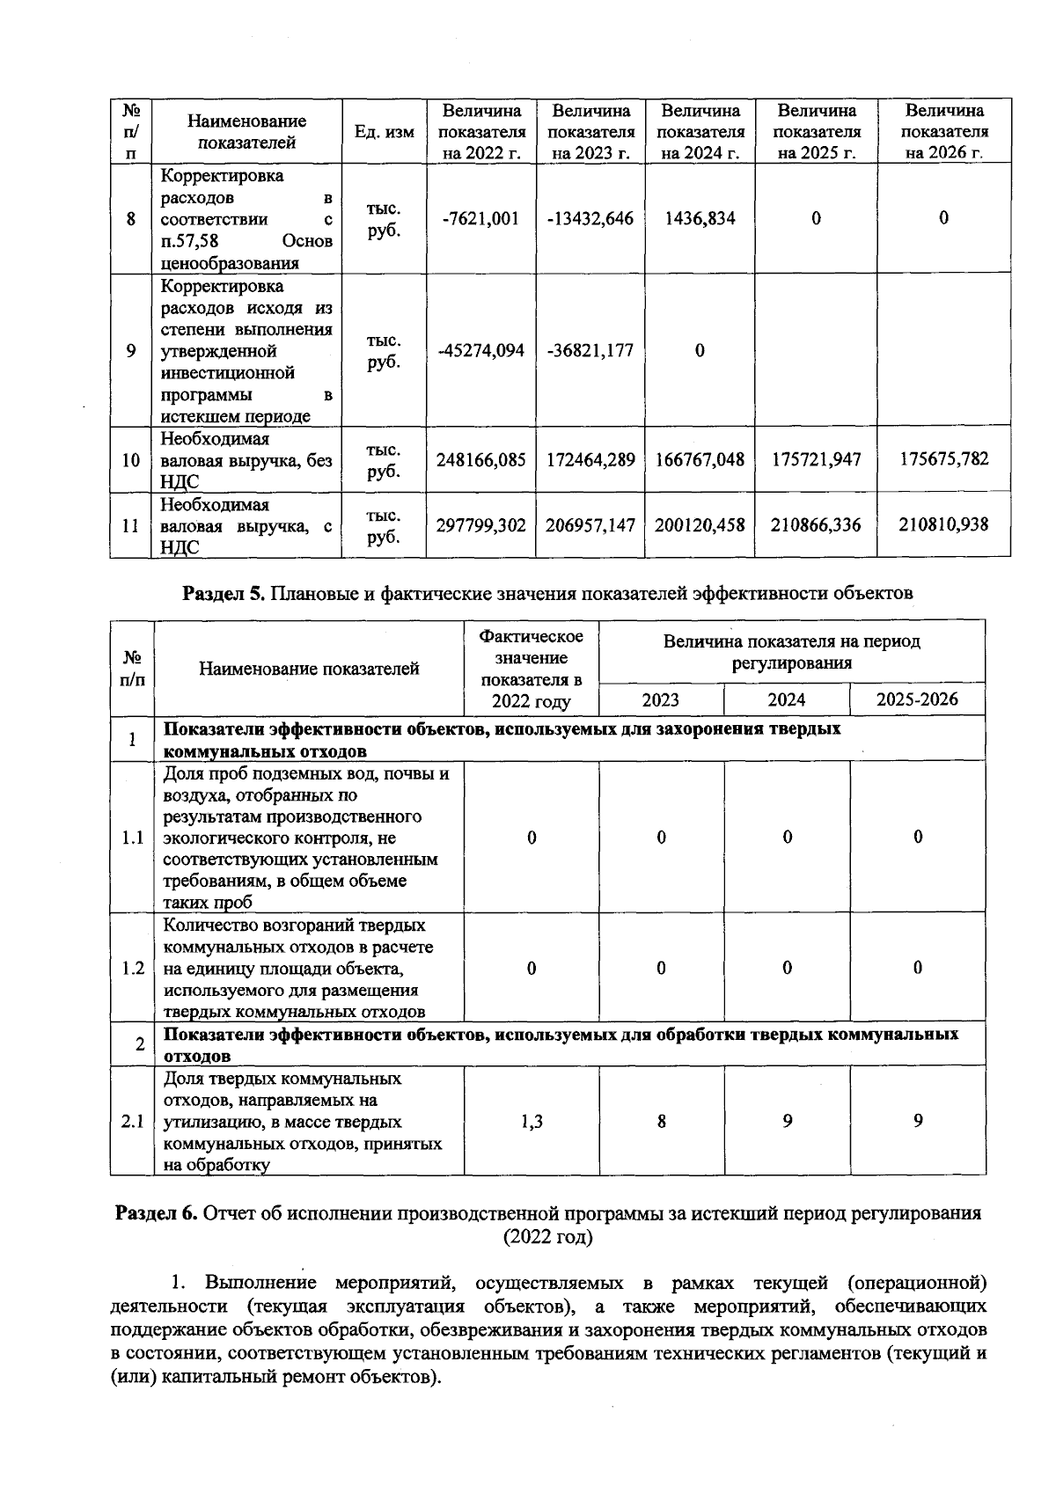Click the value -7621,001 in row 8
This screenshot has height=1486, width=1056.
pyautogui.click(x=480, y=218)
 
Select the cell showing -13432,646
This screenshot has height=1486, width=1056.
pyautogui.click(x=590, y=218)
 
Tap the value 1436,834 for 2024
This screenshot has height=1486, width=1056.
pyautogui.click(x=700, y=218)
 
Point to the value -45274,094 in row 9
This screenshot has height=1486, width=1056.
pyautogui.click(x=480, y=350)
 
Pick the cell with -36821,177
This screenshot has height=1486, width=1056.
pyautogui.click(x=590, y=350)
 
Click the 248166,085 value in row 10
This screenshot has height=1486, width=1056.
pyautogui.click(x=480, y=459)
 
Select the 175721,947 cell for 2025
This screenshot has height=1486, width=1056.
pyautogui.click(x=817, y=459)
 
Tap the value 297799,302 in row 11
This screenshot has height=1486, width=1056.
pyautogui.click(x=480, y=525)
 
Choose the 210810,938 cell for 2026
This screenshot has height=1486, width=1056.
pyautogui.click(x=943, y=525)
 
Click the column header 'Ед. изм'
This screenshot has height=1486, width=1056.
pyautogui.click(x=384, y=132)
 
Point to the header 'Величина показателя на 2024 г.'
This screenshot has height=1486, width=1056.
pyautogui.click(x=700, y=132)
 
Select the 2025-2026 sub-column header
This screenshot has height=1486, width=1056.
pyautogui.click(x=917, y=700)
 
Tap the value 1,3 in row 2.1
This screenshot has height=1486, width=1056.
pyautogui.click(x=532, y=1121)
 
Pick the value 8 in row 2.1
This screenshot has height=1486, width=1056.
pyautogui.click(x=661, y=1121)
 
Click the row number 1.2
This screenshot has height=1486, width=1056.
pyautogui.click(x=133, y=968)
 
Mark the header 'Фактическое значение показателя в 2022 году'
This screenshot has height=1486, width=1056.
pyautogui.click(x=532, y=669)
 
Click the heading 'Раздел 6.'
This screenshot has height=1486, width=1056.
pyautogui.click(x=158, y=1213)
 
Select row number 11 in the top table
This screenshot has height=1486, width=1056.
pyautogui.click(x=131, y=525)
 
